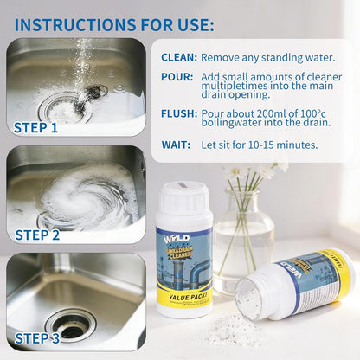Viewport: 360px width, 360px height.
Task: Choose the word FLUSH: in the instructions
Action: tap(178, 113)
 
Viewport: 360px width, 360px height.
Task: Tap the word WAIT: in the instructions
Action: tap(177, 145)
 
